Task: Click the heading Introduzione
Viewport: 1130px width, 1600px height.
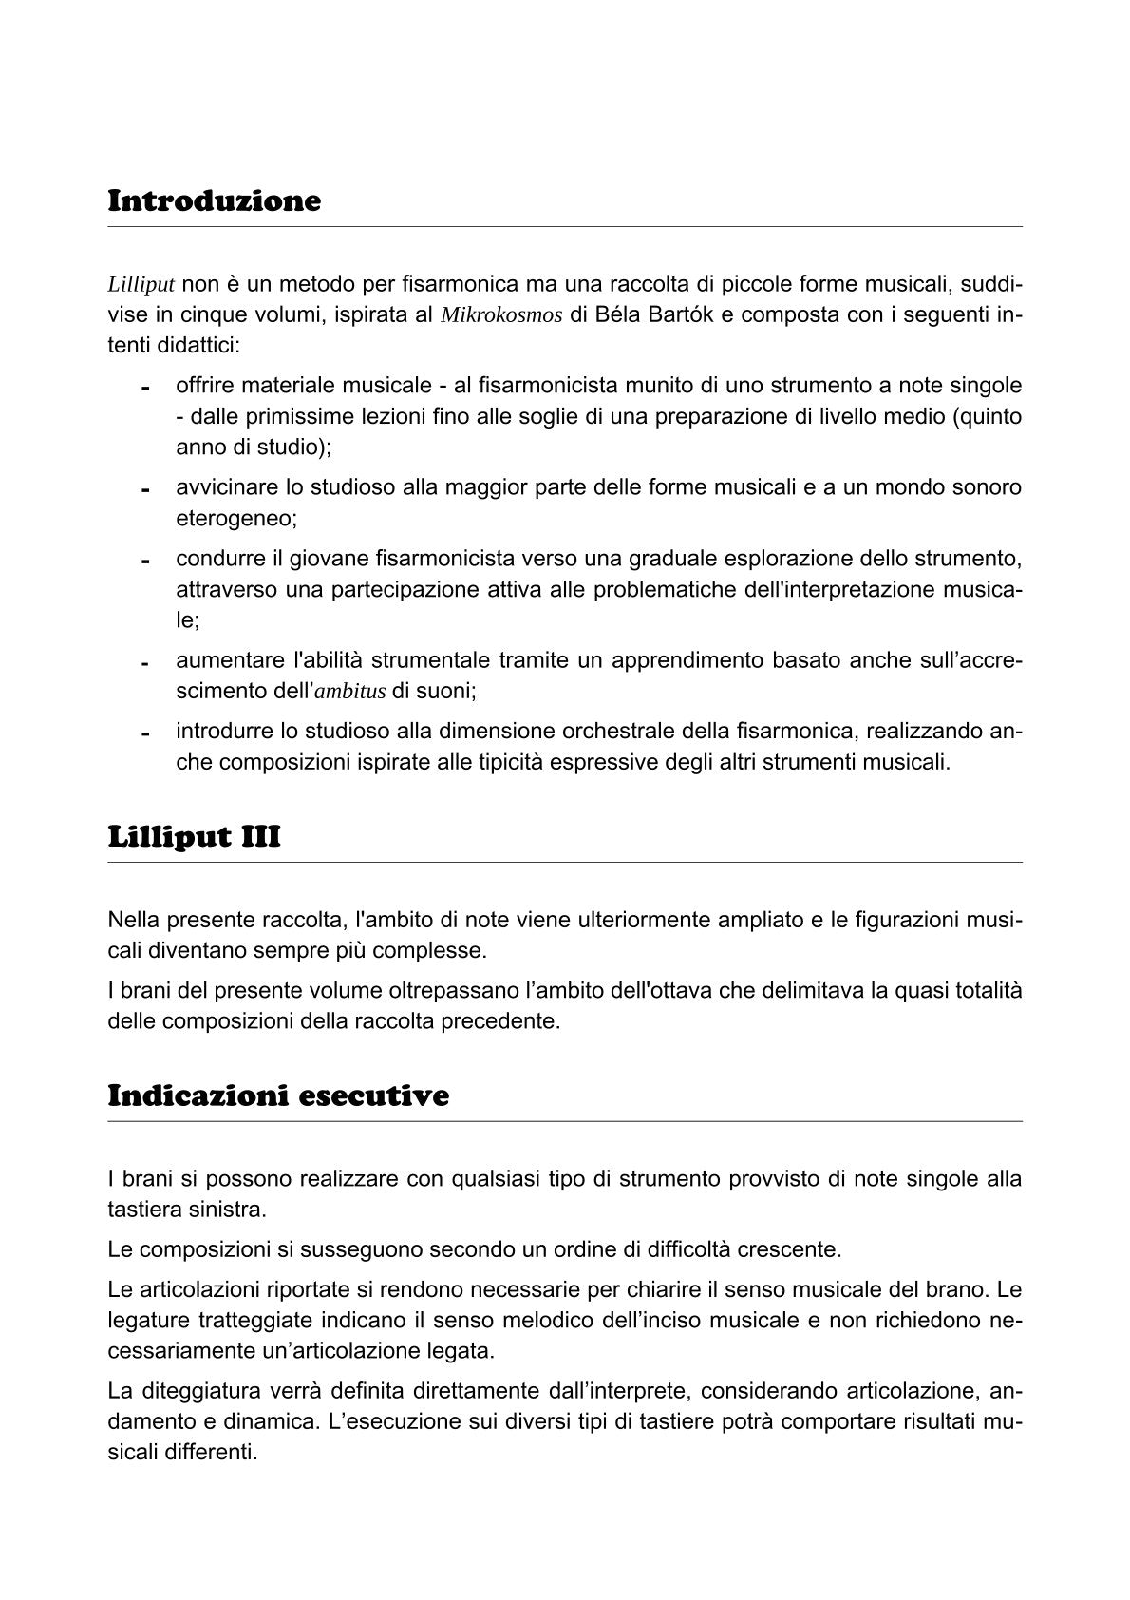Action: point(215,201)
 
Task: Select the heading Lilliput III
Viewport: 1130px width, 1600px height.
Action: point(194,837)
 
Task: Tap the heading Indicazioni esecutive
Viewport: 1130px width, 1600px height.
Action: point(278,1095)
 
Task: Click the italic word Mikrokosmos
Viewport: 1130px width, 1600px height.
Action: point(501,315)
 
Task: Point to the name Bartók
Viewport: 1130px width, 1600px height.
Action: point(676,315)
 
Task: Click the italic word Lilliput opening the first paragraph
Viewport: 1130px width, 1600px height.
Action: point(141,284)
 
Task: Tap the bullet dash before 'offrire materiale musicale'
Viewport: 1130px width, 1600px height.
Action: point(146,389)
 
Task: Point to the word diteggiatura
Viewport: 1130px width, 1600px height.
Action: point(198,1392)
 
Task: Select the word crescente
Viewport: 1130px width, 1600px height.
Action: point(796,1249)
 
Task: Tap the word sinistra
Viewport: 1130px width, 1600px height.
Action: point(228,1210)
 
